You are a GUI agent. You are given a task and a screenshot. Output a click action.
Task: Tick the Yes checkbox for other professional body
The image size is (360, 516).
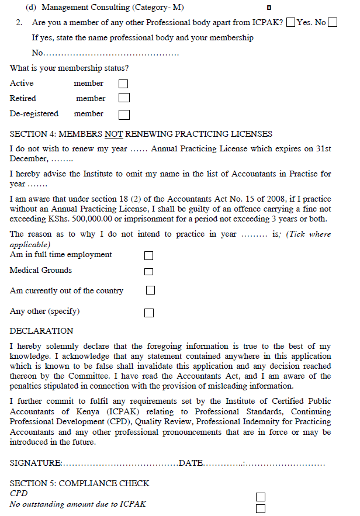[292, 23]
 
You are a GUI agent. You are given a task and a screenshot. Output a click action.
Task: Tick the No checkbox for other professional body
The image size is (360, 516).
[333, 23]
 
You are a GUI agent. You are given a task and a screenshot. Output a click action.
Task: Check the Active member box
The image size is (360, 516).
[124, 84]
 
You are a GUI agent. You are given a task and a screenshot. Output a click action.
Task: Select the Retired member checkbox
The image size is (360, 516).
[124, 98]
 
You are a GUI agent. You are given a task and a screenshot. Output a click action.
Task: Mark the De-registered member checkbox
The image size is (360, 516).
[124, 114]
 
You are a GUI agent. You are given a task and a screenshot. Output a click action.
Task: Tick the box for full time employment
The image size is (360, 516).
[149, 255]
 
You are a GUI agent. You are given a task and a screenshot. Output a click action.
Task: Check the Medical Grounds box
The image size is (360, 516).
[149, 271]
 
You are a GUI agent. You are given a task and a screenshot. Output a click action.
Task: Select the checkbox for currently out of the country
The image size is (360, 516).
[150, 290]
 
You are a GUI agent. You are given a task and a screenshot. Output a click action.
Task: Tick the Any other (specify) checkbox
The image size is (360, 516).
[149, 312]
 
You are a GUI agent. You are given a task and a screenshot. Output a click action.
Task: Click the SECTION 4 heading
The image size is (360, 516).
[141, 134]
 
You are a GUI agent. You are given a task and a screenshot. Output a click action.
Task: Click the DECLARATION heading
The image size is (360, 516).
[41, 331]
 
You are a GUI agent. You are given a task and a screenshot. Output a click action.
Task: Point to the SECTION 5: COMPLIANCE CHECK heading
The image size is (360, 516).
[79, 483]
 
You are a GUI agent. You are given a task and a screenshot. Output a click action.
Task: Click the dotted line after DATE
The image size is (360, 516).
[263, 463]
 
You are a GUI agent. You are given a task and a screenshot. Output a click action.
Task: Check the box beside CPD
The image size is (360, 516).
[261, 497]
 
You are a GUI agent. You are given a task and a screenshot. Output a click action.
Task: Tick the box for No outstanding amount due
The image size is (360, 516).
[261, 508]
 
